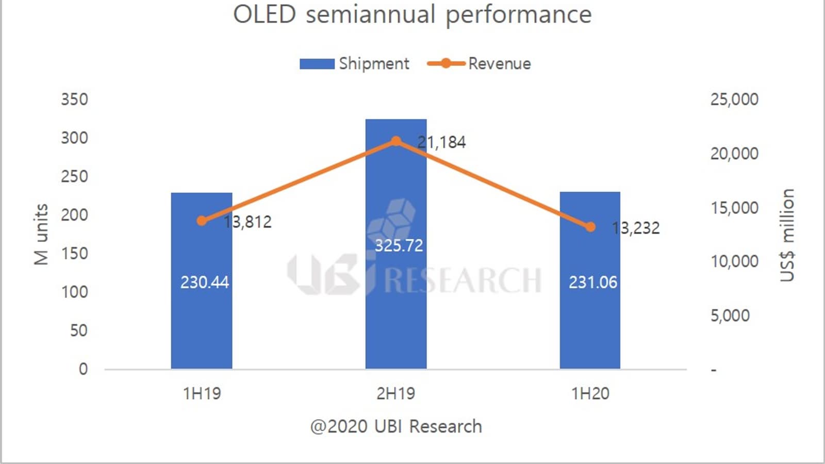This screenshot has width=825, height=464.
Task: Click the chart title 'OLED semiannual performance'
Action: [412, 14]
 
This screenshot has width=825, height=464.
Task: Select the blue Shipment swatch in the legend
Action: [317, 63]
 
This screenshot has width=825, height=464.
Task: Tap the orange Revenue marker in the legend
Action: [446, 63]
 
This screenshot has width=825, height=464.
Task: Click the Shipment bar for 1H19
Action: [202, 320]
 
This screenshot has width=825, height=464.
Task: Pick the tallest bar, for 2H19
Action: [396, 309]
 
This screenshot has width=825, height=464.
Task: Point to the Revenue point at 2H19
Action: [396, 141]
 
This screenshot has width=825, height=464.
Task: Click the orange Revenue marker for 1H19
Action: [202, 221]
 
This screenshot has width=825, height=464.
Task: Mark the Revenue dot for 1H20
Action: [590, 227]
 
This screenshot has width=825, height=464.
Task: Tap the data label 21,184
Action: [441, 142]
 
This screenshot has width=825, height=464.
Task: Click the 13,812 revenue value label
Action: [247, 222]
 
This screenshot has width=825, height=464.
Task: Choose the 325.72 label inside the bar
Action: [399, 245]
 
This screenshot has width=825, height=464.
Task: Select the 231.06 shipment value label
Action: [593, 283]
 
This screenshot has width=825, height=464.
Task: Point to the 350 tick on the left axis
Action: [74, 99]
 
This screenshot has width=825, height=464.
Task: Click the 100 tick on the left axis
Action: [74, 292]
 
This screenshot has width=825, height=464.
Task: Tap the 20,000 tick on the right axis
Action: [734, 153]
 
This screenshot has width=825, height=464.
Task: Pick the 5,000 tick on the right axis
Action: [730, 316]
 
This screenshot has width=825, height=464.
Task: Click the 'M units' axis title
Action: [41, 235]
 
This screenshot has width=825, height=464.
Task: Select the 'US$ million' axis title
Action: [787, 235]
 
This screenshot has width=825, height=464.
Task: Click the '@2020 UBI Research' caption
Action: [396, 427]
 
